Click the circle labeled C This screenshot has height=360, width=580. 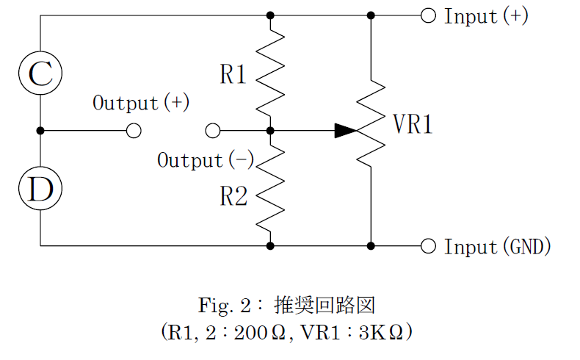coord(40,73)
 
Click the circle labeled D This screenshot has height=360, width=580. coord(40,189)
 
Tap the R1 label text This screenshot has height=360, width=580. coord(233,74)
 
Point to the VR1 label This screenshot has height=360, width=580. coord(413,125)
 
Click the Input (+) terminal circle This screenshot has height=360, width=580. coord(428,15)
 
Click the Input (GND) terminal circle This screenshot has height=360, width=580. coord(428,245)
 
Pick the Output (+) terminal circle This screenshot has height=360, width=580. coord(134,131)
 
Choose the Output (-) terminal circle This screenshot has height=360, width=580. coord(213,131)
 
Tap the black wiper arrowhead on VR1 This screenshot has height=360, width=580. coord(346,131)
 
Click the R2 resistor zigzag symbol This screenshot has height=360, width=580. coord(270,188)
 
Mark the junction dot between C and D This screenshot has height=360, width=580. coord(40,131)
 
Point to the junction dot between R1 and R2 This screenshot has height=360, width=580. coord(270,131)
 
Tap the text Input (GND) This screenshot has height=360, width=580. coord(497,246)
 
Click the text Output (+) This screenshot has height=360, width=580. coord(140,103)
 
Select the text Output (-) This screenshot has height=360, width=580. coord(205,159)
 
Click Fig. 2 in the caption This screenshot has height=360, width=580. coord(225,304)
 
